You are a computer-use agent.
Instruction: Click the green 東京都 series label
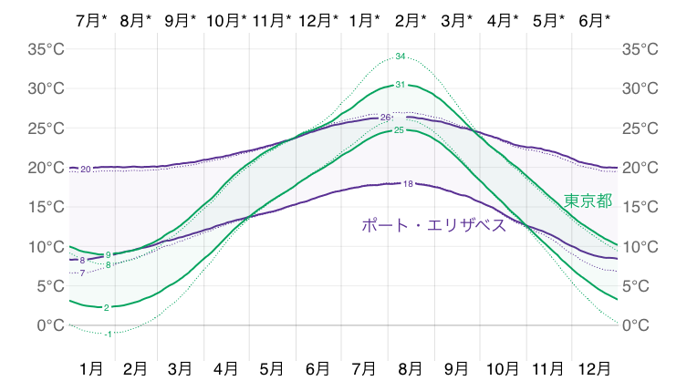click(x=588, y=201)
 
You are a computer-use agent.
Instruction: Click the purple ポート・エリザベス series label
click(x=434, y=224)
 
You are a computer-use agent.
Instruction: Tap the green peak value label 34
click(x=401, y=57)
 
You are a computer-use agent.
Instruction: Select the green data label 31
click(x=400, y=85)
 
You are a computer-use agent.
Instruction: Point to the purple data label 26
click(x=385, y=118)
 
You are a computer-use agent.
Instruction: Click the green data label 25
click(x=398, y=130)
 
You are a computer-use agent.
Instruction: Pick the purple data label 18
click(x=408, y=184)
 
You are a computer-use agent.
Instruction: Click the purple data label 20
click(x=85, y=170)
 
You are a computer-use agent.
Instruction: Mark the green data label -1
click(x=109, y=334)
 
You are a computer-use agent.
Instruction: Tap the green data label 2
click(x=107, y=308)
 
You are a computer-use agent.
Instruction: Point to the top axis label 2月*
click(x=411, y=19)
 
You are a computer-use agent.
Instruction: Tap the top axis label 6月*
click(x=595, y=19)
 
